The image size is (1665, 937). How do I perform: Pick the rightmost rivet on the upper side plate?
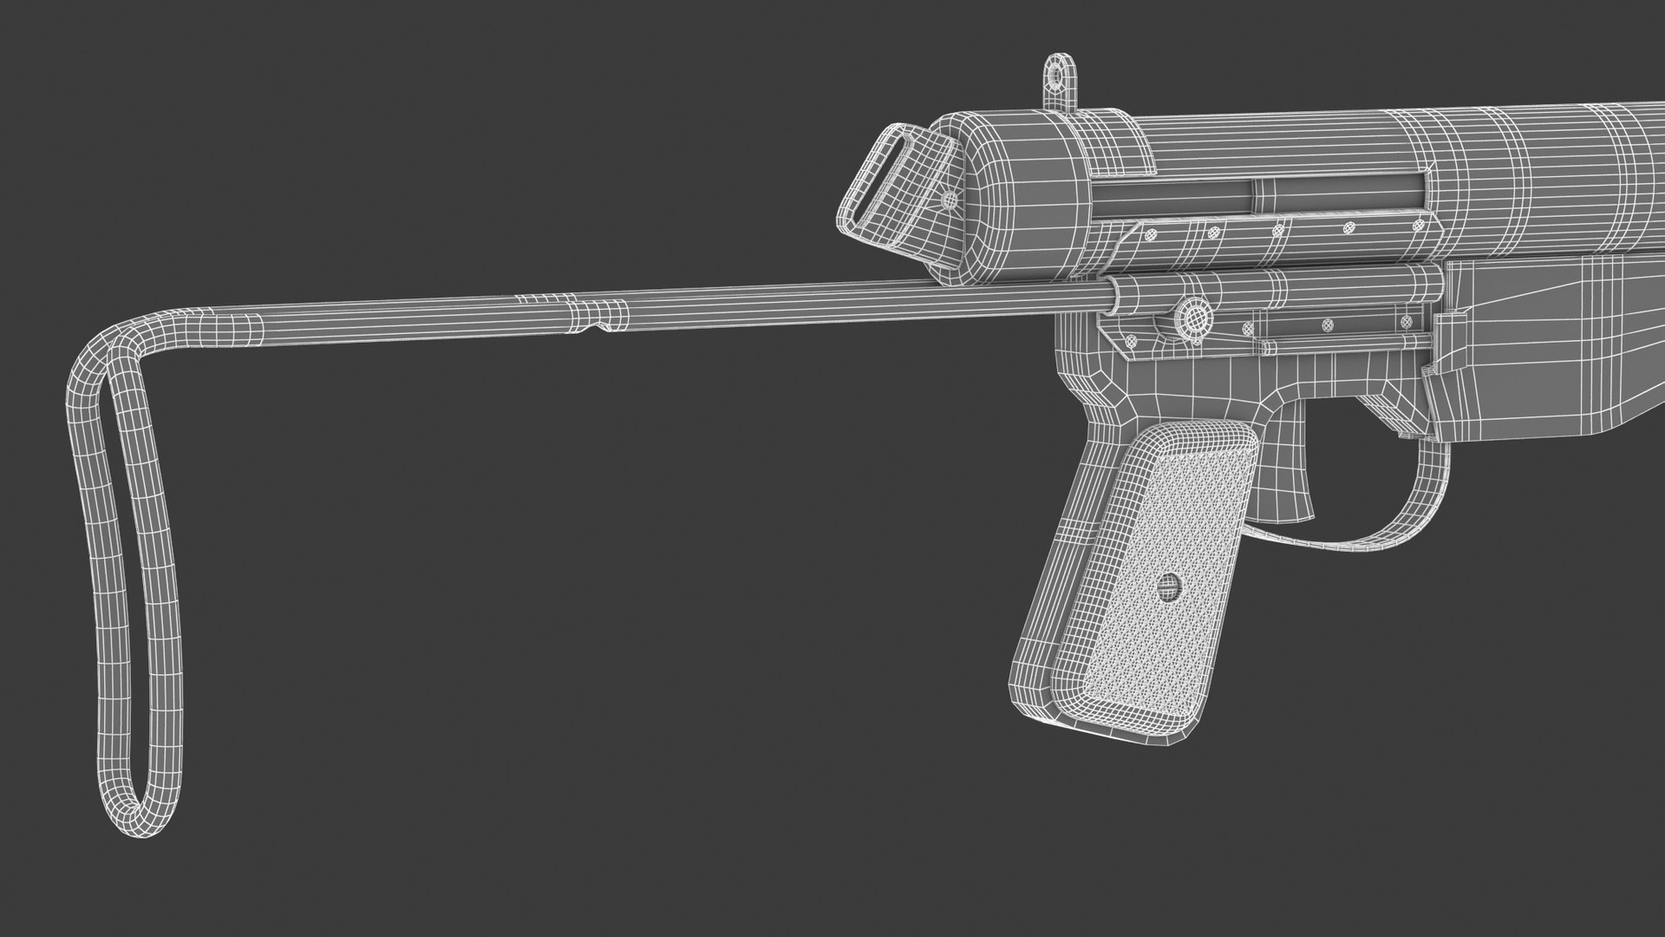(x=1419, y=225)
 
